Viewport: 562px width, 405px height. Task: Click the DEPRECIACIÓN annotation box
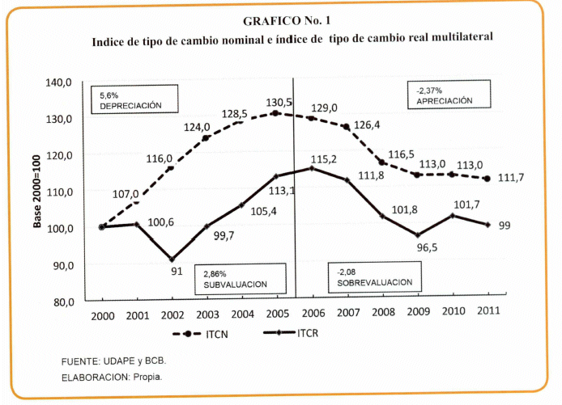133,101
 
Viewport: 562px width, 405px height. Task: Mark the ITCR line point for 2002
172,259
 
